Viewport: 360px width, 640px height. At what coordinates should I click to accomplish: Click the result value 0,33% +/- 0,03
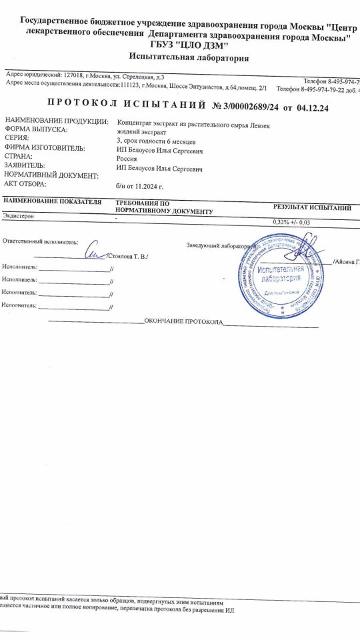click(292, 222)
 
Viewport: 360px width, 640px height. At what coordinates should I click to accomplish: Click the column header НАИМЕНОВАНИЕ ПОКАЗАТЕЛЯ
click(52, 201)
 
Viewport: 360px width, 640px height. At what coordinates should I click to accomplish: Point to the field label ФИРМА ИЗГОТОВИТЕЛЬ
click(45, 148)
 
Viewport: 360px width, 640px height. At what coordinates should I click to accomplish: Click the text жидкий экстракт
click(139, 133)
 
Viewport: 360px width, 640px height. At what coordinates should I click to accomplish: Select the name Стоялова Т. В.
click(127, 256)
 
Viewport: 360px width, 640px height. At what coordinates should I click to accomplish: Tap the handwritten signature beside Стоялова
click(95, 251)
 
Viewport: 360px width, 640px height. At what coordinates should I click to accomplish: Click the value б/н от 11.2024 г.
click(139, 187)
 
